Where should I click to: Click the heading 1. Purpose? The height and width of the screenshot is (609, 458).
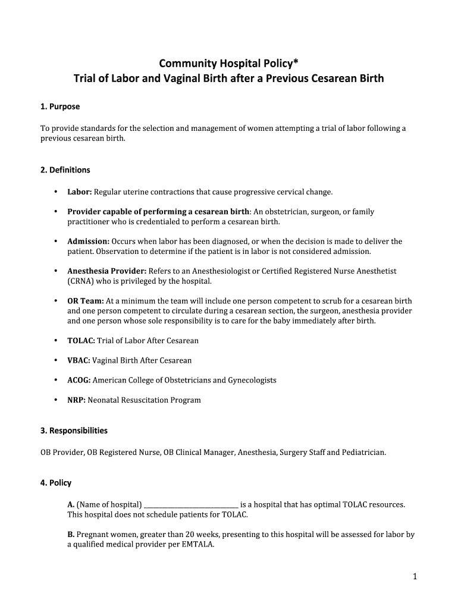point(60,106)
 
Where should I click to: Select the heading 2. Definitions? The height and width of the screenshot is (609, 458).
point(65,170)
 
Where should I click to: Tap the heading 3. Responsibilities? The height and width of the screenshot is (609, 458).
point(74,430)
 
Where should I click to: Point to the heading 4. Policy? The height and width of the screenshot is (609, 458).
point(56,483)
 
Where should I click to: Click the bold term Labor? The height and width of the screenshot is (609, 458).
point(80,192)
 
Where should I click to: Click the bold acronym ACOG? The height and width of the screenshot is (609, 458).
point(79,380)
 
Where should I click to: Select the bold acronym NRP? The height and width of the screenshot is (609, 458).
point(77,400)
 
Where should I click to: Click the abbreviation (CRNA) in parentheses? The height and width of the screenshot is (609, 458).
point(80,281)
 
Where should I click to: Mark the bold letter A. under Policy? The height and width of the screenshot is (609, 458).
point(71,505)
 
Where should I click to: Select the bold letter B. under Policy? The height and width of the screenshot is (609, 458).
point(71,535)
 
